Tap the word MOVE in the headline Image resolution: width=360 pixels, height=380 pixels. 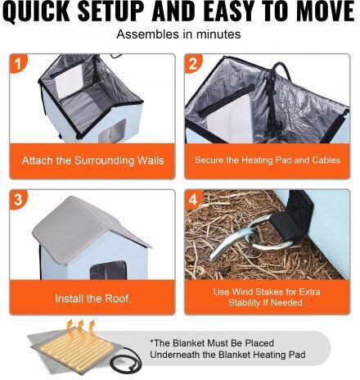[325, 11]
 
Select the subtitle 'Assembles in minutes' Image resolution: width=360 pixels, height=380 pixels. [178, 34]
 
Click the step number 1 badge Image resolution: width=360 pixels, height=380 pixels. [18, 63]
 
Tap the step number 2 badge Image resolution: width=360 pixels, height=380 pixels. [193, 63]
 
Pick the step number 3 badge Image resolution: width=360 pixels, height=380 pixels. [18, 199]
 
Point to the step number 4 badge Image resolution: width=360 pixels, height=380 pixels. [193, 199]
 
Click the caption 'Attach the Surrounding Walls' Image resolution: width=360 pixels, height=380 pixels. [92, 161]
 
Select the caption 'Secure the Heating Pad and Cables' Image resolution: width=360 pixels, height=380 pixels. [268, 160]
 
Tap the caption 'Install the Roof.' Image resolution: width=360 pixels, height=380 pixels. [92, 298]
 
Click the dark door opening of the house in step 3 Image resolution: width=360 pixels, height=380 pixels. [109, 270]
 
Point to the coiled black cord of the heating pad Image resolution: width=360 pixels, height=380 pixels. [126, 362]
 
